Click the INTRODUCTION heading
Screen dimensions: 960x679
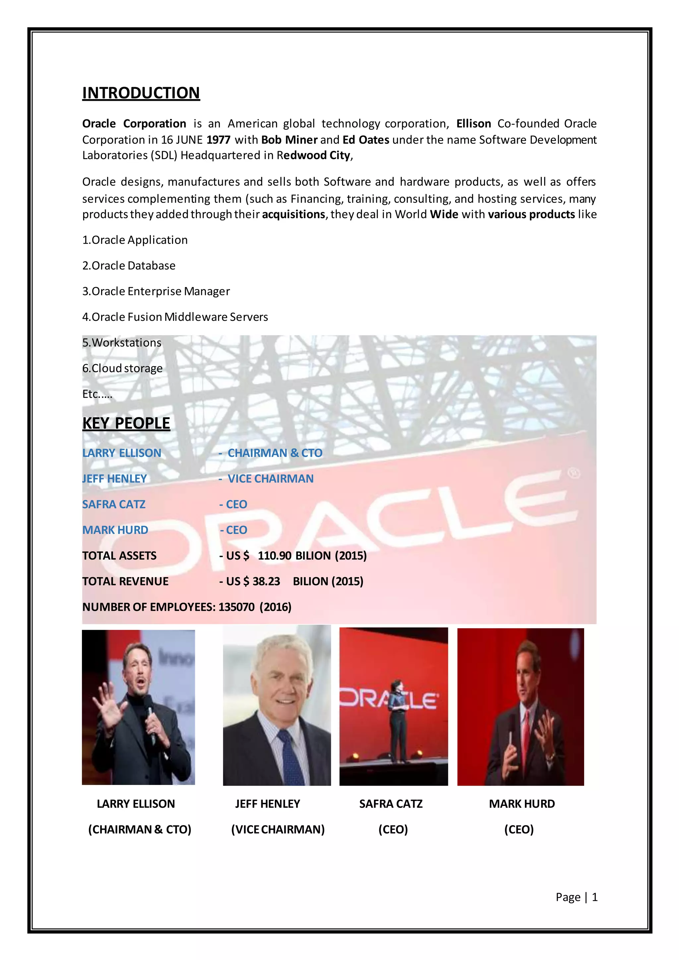click(141, 93)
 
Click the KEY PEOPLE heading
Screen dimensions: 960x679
click(126, 423)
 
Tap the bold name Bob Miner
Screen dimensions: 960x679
click(289, 140)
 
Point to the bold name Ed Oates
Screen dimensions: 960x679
click(366, 140)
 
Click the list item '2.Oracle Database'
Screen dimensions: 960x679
click(129, 266)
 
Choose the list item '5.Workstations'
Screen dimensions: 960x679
click(122, 342)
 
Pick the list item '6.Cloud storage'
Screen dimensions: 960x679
click(122, 368)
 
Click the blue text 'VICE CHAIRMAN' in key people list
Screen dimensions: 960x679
click(271, 479)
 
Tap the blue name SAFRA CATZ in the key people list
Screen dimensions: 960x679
click(114, 504)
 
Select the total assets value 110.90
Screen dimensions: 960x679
click(274, 556)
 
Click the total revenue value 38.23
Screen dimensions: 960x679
click(266, 581)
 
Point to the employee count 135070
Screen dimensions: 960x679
click(236, 607)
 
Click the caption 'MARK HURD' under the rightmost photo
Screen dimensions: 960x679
click(522, 804)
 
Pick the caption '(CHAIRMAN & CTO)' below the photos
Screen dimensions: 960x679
click(140, 829)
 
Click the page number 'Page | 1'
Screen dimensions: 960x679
click(576, 897)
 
